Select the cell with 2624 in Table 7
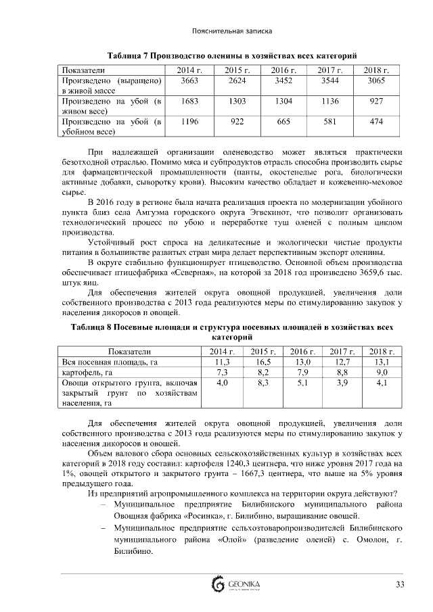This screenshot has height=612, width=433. click(x=237, y=80)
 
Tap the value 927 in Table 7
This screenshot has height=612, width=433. click(x=375, y=101)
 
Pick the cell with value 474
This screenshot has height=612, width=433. click(x=375, y=121)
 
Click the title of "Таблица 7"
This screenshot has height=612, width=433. click(x=232, y=54)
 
